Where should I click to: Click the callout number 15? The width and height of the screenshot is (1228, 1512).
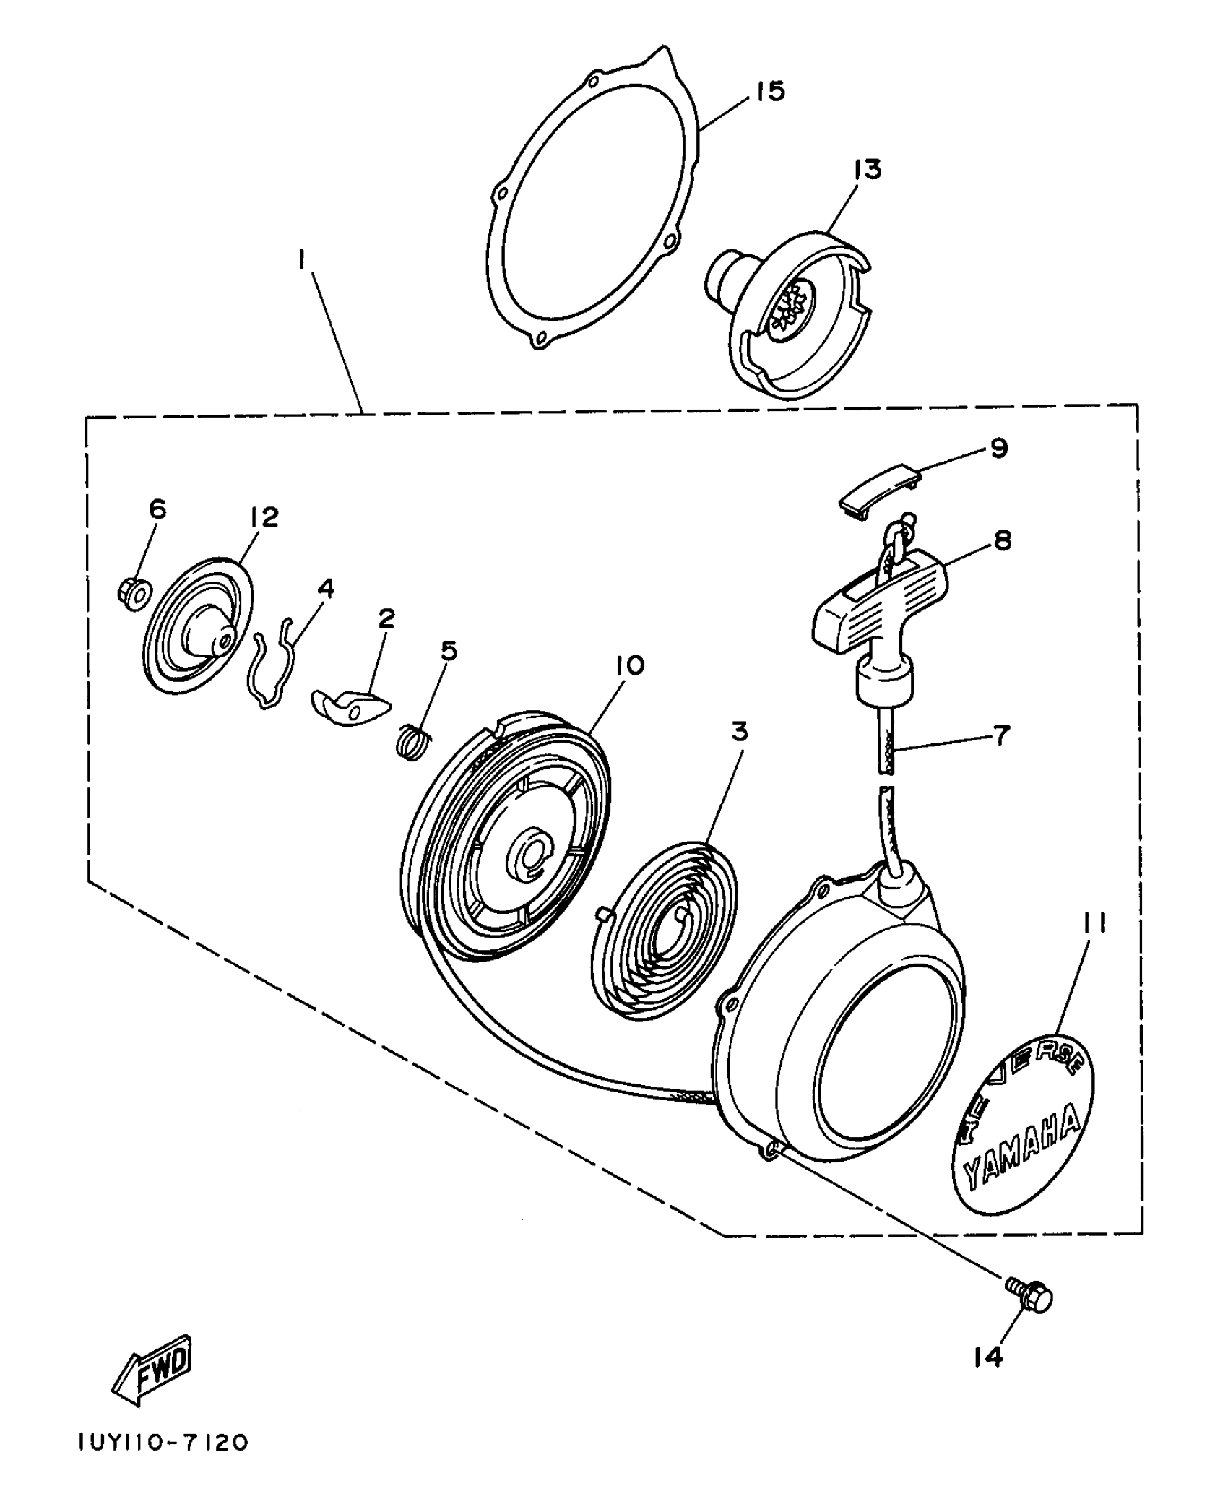[770, 92]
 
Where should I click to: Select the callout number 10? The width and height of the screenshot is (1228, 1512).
[629, 665]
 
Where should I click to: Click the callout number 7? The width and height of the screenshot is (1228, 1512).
[1001, 735]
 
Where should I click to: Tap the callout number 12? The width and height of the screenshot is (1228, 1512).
[264, 517]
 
